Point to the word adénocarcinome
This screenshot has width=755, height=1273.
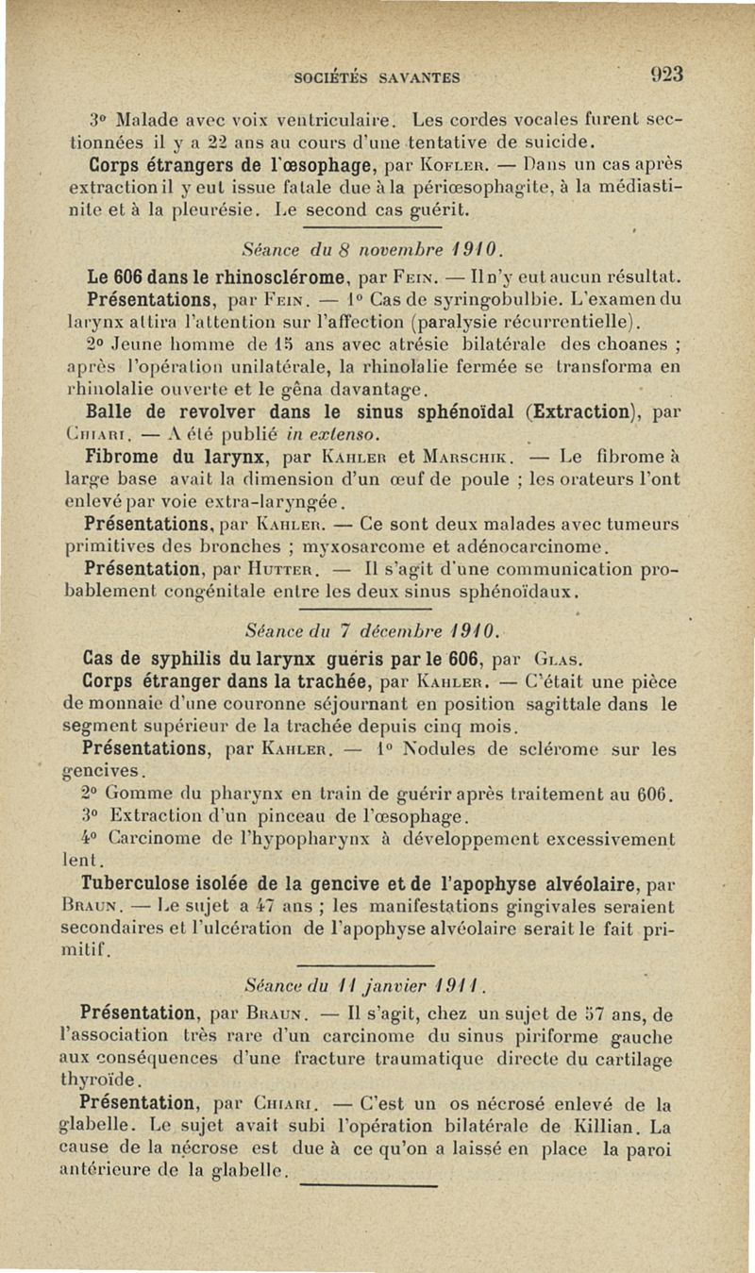pyautogui.click(x=536, y=547)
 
